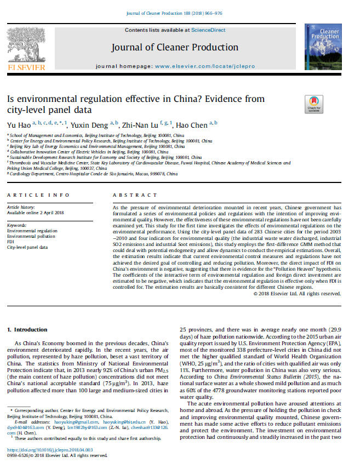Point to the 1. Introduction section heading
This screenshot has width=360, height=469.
[27, 329]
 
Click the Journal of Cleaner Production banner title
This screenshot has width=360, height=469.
[175, 47]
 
